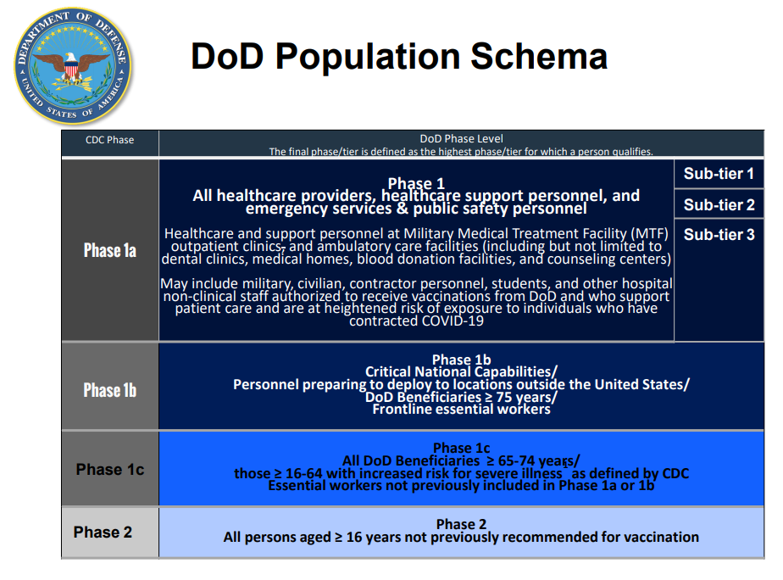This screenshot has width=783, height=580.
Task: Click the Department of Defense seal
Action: click(x=73, y=66)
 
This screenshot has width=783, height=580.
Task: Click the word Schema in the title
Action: click(x=539, y=56)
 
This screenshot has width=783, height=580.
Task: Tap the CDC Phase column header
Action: click(x=110, y=140)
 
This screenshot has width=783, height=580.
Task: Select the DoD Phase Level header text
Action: click(x=461, y=138)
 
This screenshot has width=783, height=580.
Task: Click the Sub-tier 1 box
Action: click(x=719, y=174)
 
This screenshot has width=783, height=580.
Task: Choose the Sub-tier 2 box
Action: click(x=719, y=204)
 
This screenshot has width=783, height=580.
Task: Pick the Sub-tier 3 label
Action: click(x=719, y=234)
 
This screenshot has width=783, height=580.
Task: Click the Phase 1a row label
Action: click(x=110, y=250)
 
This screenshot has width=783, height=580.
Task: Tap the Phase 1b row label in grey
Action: click(x=110, y=390)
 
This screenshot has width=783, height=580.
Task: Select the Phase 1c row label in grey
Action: click(x=110, y=470)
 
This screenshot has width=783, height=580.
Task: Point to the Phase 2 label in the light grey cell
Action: click(x=103, y=532)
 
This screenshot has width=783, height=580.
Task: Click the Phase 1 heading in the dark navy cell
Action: click(x=416, y=183)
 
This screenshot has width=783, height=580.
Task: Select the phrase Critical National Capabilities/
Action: click(x=461, y=371)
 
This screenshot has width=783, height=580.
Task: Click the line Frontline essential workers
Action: click(x=461, y=410)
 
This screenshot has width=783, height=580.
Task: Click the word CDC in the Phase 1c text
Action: click(x=675, y=473)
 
